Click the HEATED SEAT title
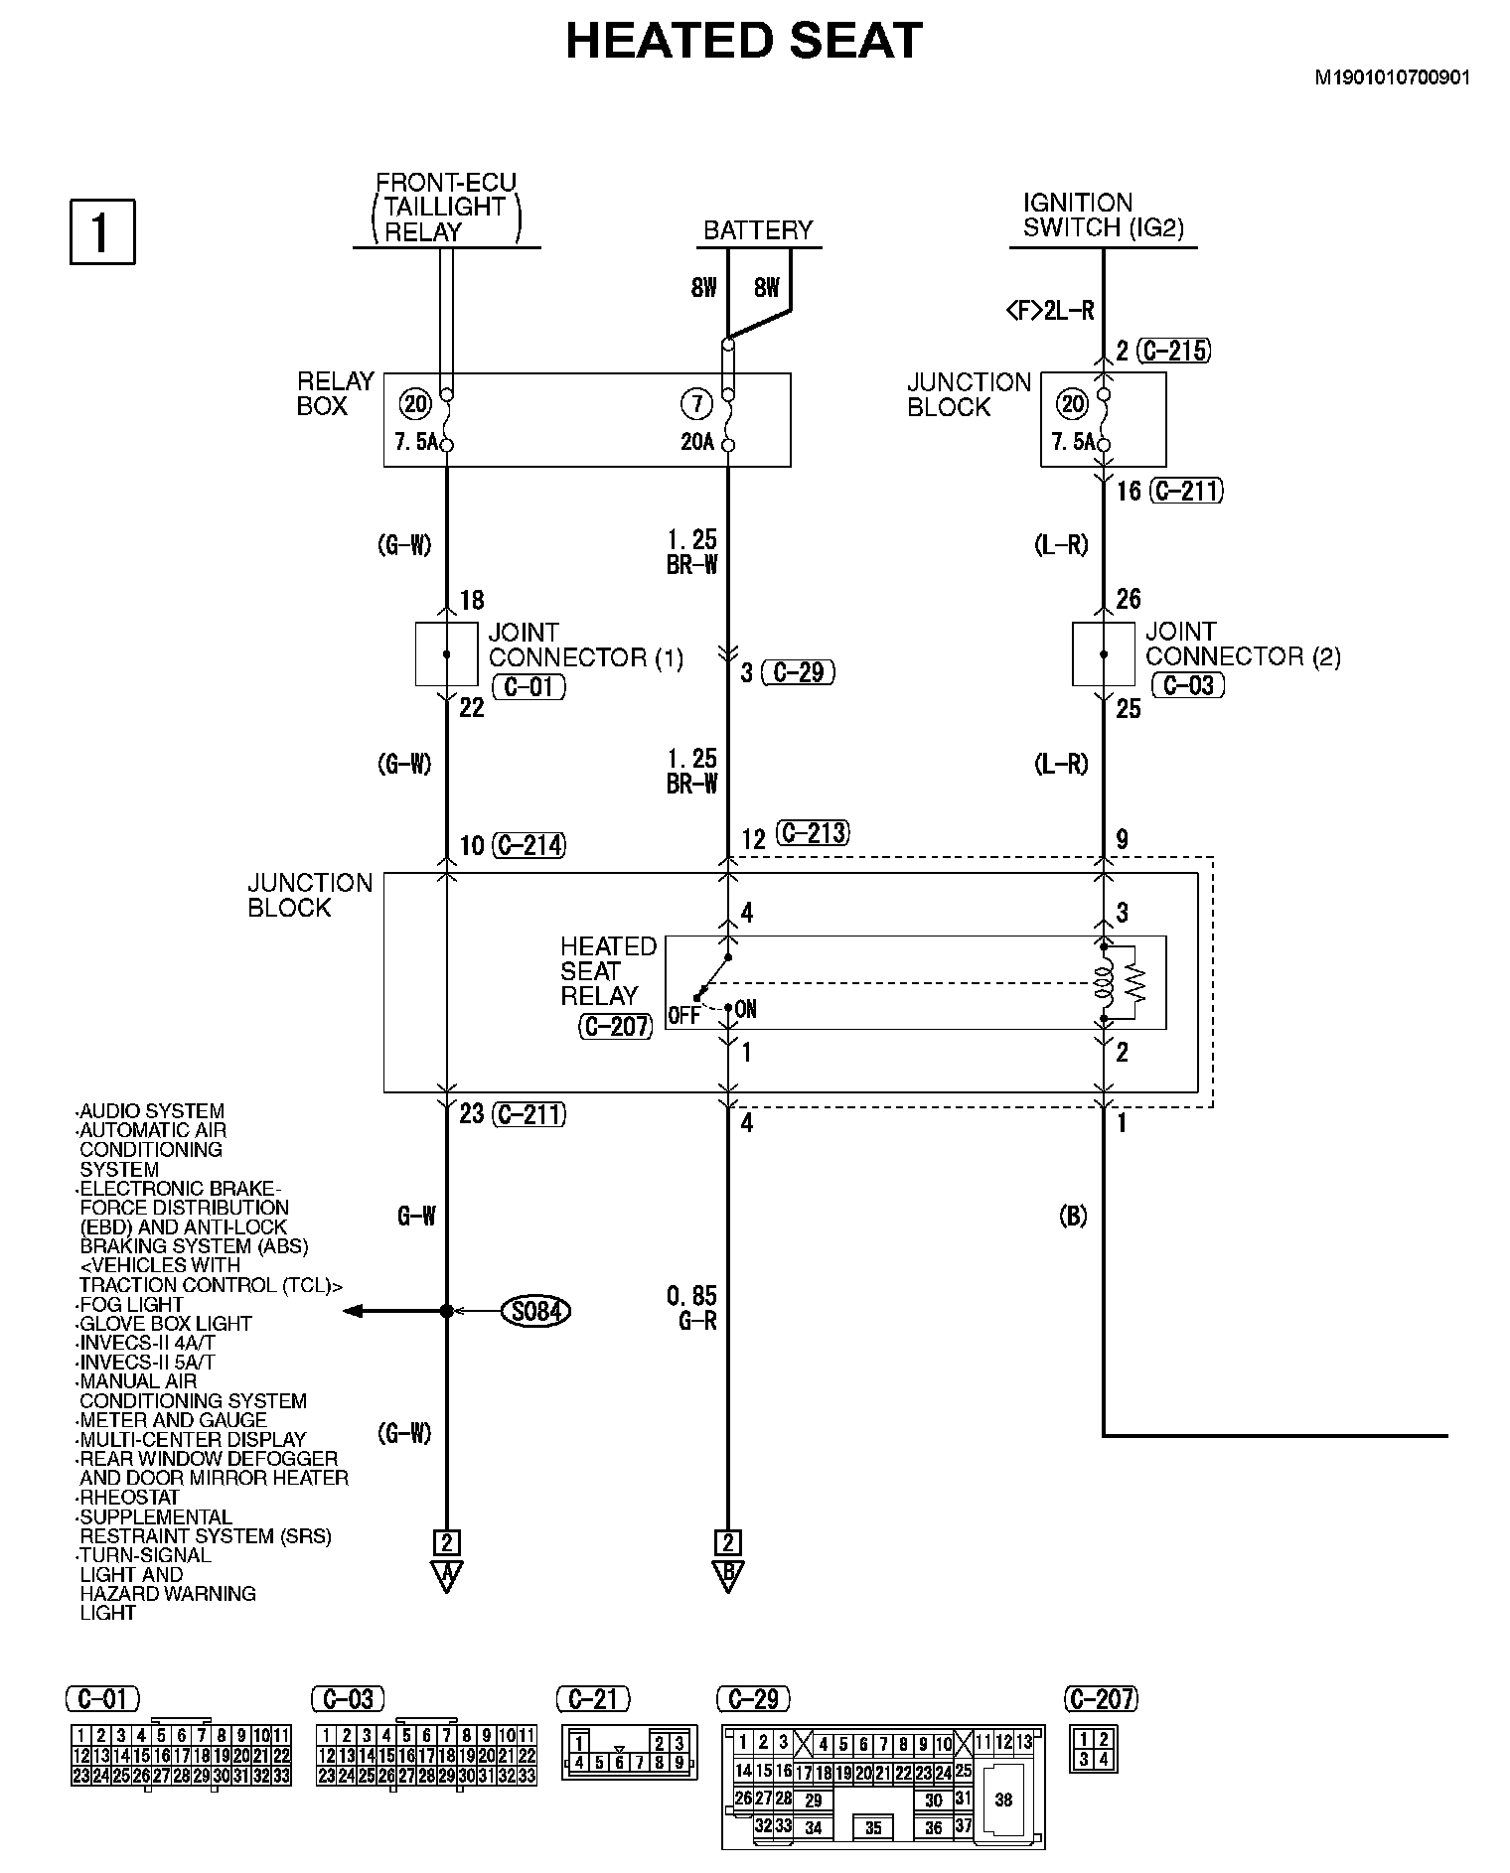tap(744, 42)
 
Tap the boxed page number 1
tap(101, 232)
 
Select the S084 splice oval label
tap(536, 1311)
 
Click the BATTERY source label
tap(758, 230)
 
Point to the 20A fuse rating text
tap(697, 442)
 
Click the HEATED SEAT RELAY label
tap(608, 971)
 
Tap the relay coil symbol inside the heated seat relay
tap(1103, 982)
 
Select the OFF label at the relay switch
tap(683, 1016)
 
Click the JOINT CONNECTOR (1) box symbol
tap(446, 654)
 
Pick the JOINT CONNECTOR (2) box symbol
tap(1103, 654)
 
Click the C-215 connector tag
tap(1174, 351)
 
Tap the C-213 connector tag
tap(813, 832)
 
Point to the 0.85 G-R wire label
tap(692, 1308)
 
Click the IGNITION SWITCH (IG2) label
tap(1103, 215)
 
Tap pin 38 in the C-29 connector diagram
tap(1003, 1800)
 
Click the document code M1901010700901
tap(1393, 77)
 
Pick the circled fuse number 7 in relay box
tap(696, 404)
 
